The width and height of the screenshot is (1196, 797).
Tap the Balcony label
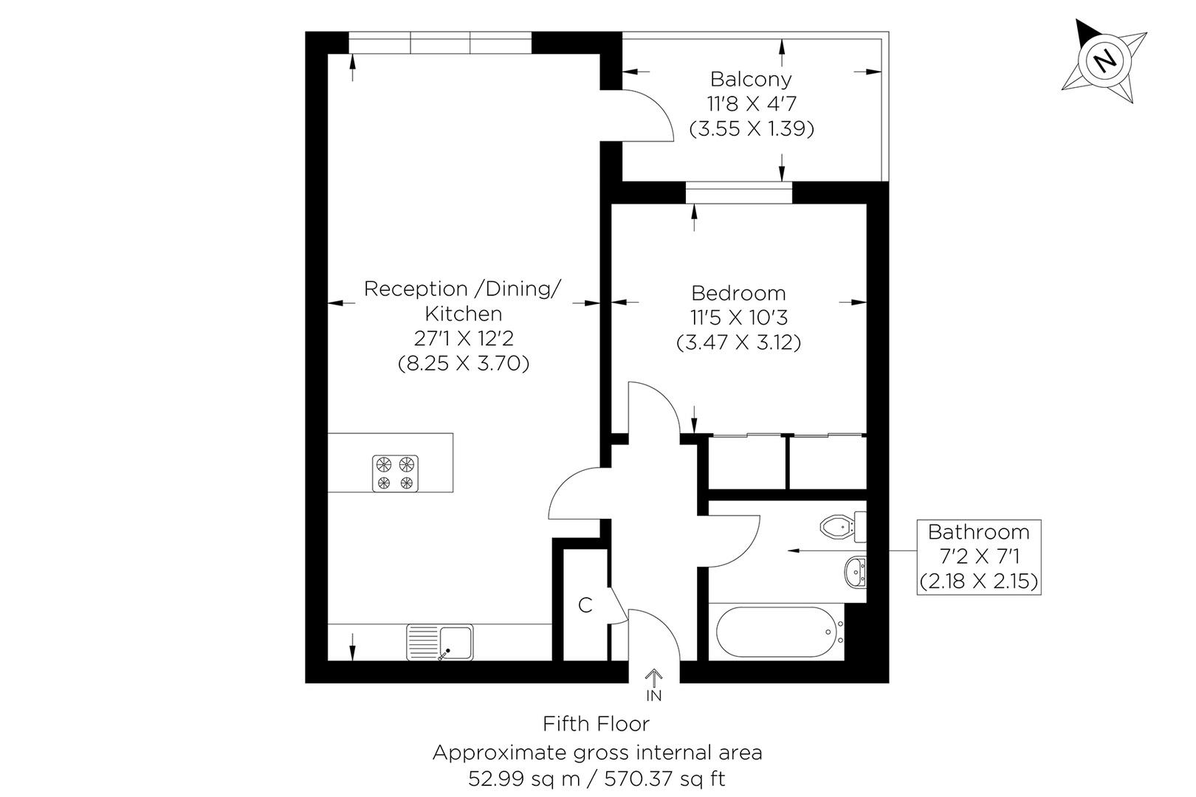click(x=751, y=79)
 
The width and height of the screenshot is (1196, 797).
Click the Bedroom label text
click(x=738, y=293)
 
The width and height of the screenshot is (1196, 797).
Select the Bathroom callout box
click(x=978, y=556)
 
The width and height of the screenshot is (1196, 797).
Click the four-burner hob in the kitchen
click(x=395, y=473)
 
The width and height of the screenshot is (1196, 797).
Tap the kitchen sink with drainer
click(x=440, y=642)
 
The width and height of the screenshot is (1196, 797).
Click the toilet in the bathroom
click(x=839, y=526)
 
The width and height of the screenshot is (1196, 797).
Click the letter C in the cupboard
click(x=585, y=605)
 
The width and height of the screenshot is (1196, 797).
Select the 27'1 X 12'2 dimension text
click(x=464, y=339)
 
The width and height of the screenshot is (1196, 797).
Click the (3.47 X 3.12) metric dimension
click(x=738, y=342)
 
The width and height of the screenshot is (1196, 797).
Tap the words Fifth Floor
click(x=597, y=723)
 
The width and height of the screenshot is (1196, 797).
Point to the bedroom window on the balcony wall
click(x=738, y=193)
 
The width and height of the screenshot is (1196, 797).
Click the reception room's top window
click(x=440, y=43)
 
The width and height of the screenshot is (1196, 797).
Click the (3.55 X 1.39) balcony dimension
click(x=751, y=129)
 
